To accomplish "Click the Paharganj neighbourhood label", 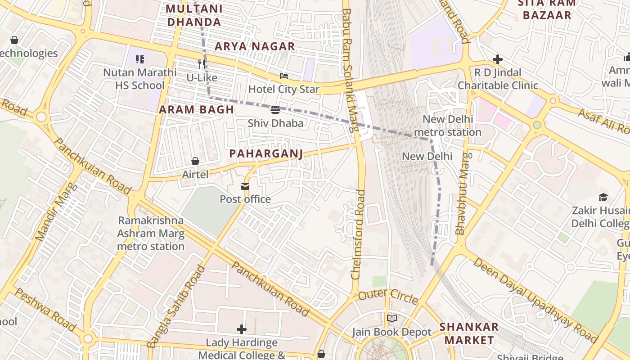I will (265, 153).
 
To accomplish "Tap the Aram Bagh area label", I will (196, 109).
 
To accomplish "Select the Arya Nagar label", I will (255, 46).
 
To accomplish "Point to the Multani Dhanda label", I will (194, 15).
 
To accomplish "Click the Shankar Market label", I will (469, 333).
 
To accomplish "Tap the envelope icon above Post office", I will (245, 186).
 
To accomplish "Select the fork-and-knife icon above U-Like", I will (202, 64).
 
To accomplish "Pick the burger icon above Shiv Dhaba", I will (275, 110).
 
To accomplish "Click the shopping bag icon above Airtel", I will (195, 161).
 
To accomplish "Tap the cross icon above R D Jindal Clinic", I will (497, 59).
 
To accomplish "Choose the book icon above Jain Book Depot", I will (392, 319).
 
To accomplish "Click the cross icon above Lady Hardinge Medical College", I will (242, 329).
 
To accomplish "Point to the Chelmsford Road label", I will (359, 234).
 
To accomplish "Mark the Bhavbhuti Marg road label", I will (463, 193).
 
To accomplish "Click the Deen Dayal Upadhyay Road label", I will (535, 300).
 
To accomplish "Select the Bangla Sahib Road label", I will (176, 307).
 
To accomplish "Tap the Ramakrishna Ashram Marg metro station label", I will (151, 234).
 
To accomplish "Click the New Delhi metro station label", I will (447, 126).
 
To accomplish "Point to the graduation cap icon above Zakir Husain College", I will (603, 197).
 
